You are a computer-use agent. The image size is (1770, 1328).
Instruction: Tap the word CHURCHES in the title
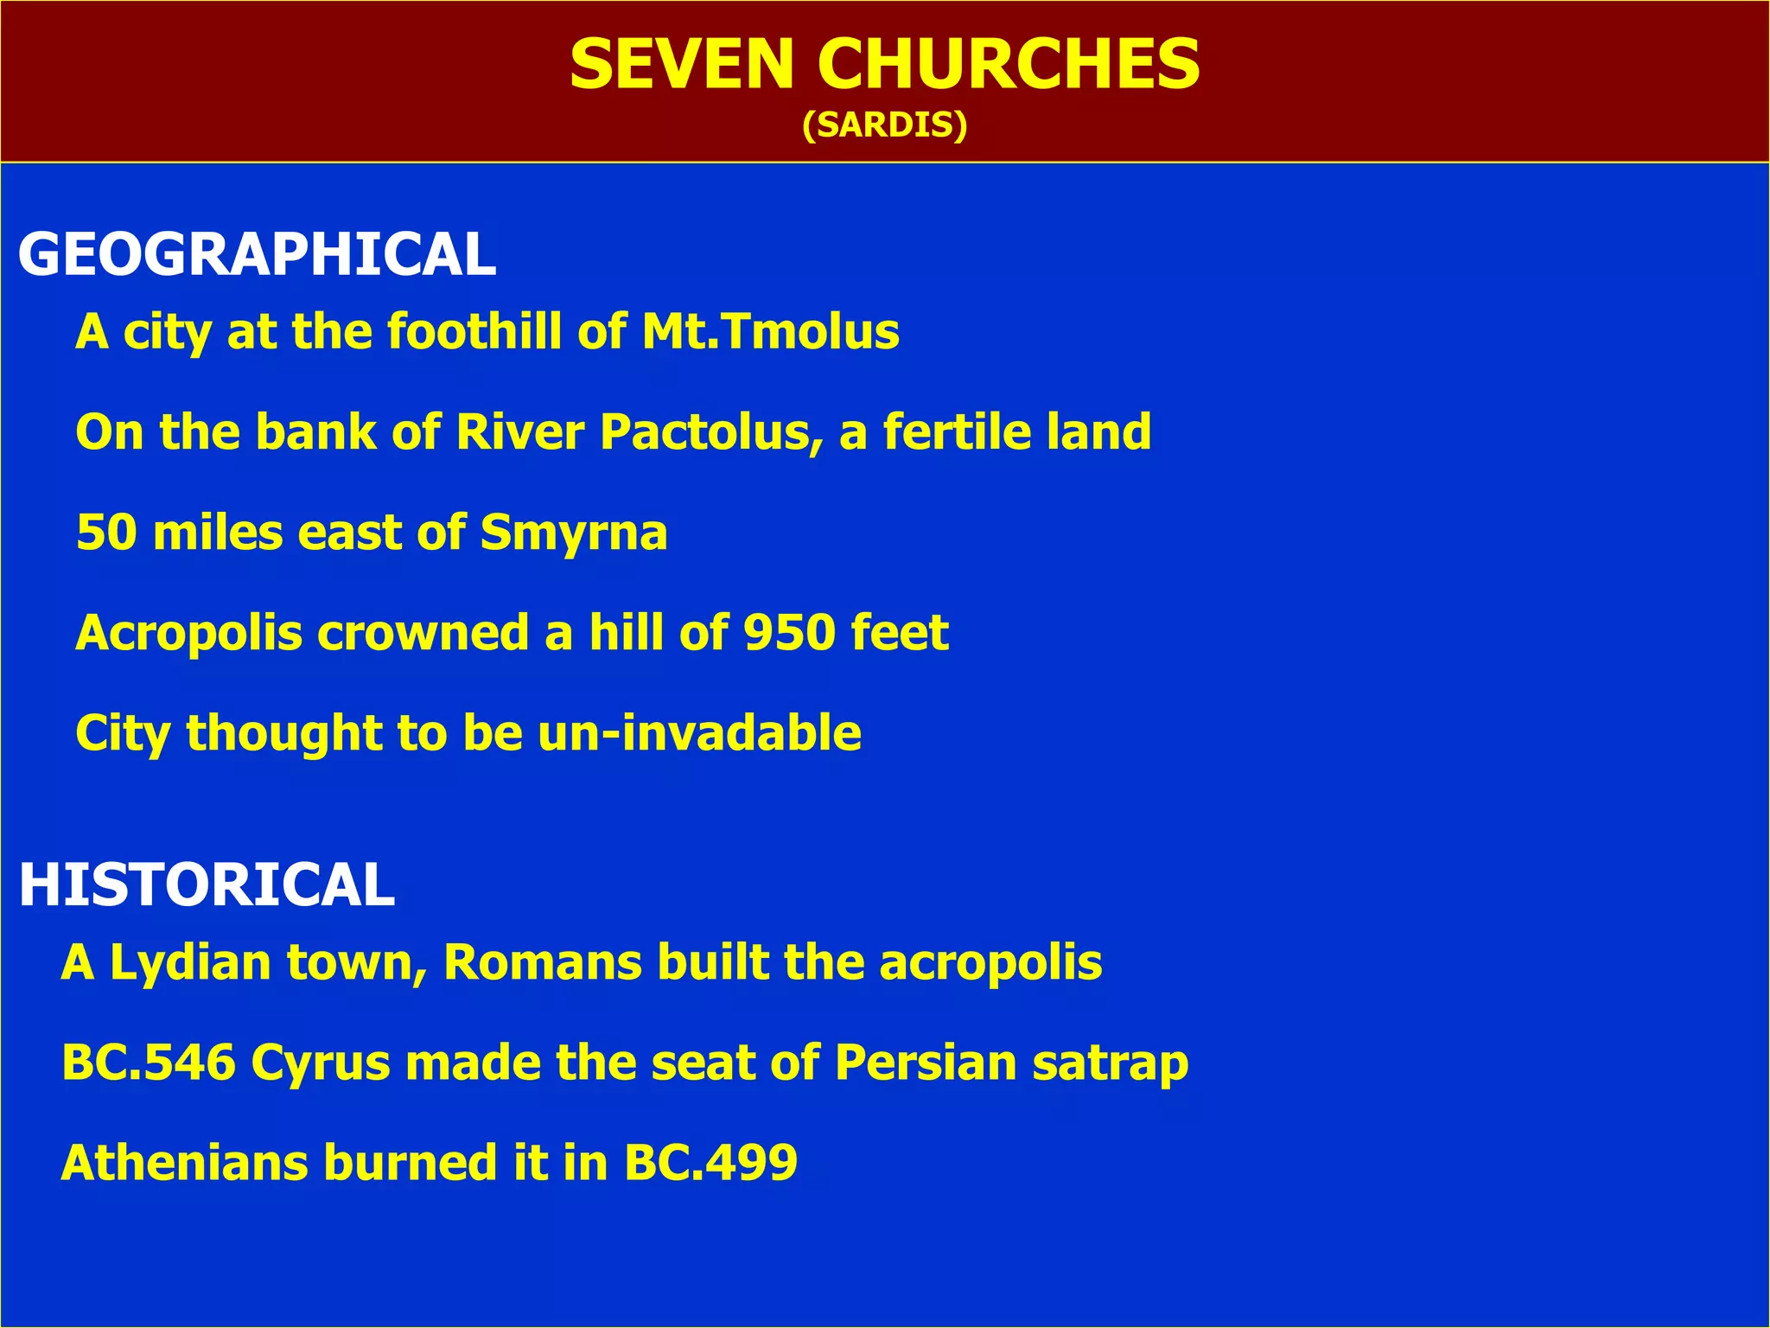click(1008, 65)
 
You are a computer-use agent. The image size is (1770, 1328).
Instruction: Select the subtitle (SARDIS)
click(884, 125)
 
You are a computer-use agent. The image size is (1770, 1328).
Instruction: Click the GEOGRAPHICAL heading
click(257, 255)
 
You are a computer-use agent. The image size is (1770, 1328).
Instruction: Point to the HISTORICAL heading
click(207, 885)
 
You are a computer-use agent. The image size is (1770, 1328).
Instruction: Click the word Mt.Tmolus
click(770, 332)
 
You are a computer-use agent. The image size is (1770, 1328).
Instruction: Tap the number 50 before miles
click(106, 533)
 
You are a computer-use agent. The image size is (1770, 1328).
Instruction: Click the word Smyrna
click(574, 533)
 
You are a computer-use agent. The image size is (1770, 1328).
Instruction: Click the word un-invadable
click(699, 733)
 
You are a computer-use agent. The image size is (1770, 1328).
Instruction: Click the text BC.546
click(149, 1063)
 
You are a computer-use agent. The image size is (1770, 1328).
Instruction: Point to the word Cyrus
click(321, 1063)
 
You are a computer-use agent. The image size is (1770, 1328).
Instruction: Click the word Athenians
click(184, 1163)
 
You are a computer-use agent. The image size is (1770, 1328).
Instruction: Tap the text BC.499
click(710, 1163)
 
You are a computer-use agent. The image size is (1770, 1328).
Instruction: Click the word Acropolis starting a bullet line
click(188, 633)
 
